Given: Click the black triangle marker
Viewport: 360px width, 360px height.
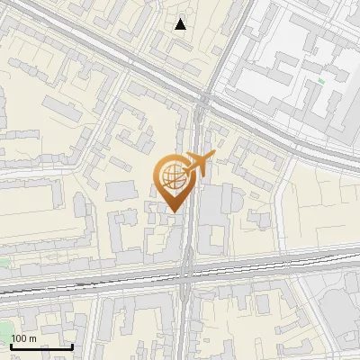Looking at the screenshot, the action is [181, 24].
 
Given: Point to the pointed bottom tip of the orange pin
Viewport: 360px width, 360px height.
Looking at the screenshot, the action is [173, 211].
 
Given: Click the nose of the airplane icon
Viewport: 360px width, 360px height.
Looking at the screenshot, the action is [213, 157].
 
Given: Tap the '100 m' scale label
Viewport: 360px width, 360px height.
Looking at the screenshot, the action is [24, 338].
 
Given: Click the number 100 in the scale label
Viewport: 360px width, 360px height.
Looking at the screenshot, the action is [20, 338].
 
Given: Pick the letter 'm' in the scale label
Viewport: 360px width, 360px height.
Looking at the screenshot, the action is [33, 338].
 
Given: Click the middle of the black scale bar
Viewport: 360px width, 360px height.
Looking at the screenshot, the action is [41, 346].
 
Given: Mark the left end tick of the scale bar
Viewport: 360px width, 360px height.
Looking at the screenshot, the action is [12, 346].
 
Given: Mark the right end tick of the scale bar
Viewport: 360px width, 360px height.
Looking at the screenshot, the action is [72, 346].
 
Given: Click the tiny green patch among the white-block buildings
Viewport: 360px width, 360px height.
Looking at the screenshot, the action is [321, 82].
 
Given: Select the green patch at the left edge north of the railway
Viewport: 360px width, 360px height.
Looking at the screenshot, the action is [4, 263].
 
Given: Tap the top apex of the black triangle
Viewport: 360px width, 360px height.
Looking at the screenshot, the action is [181, 19].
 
